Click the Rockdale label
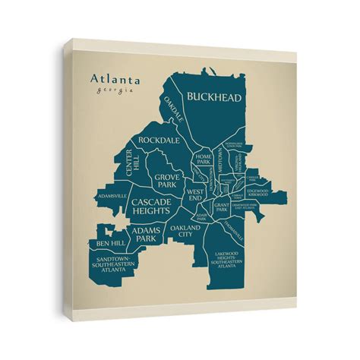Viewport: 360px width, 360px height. click(x=158, y=141)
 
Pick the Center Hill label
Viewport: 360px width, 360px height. click(x=134, y=163)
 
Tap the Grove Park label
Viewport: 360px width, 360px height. click(x=167, y=180)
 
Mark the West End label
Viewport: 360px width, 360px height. click(x=194, y=195)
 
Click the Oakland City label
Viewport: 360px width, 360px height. click(x=185, y=232)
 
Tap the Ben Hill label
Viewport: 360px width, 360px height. click(x=111, y=243)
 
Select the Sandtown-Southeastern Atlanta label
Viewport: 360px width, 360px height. click(x=113, y=264)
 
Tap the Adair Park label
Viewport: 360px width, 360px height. click(x=201, y=217)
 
